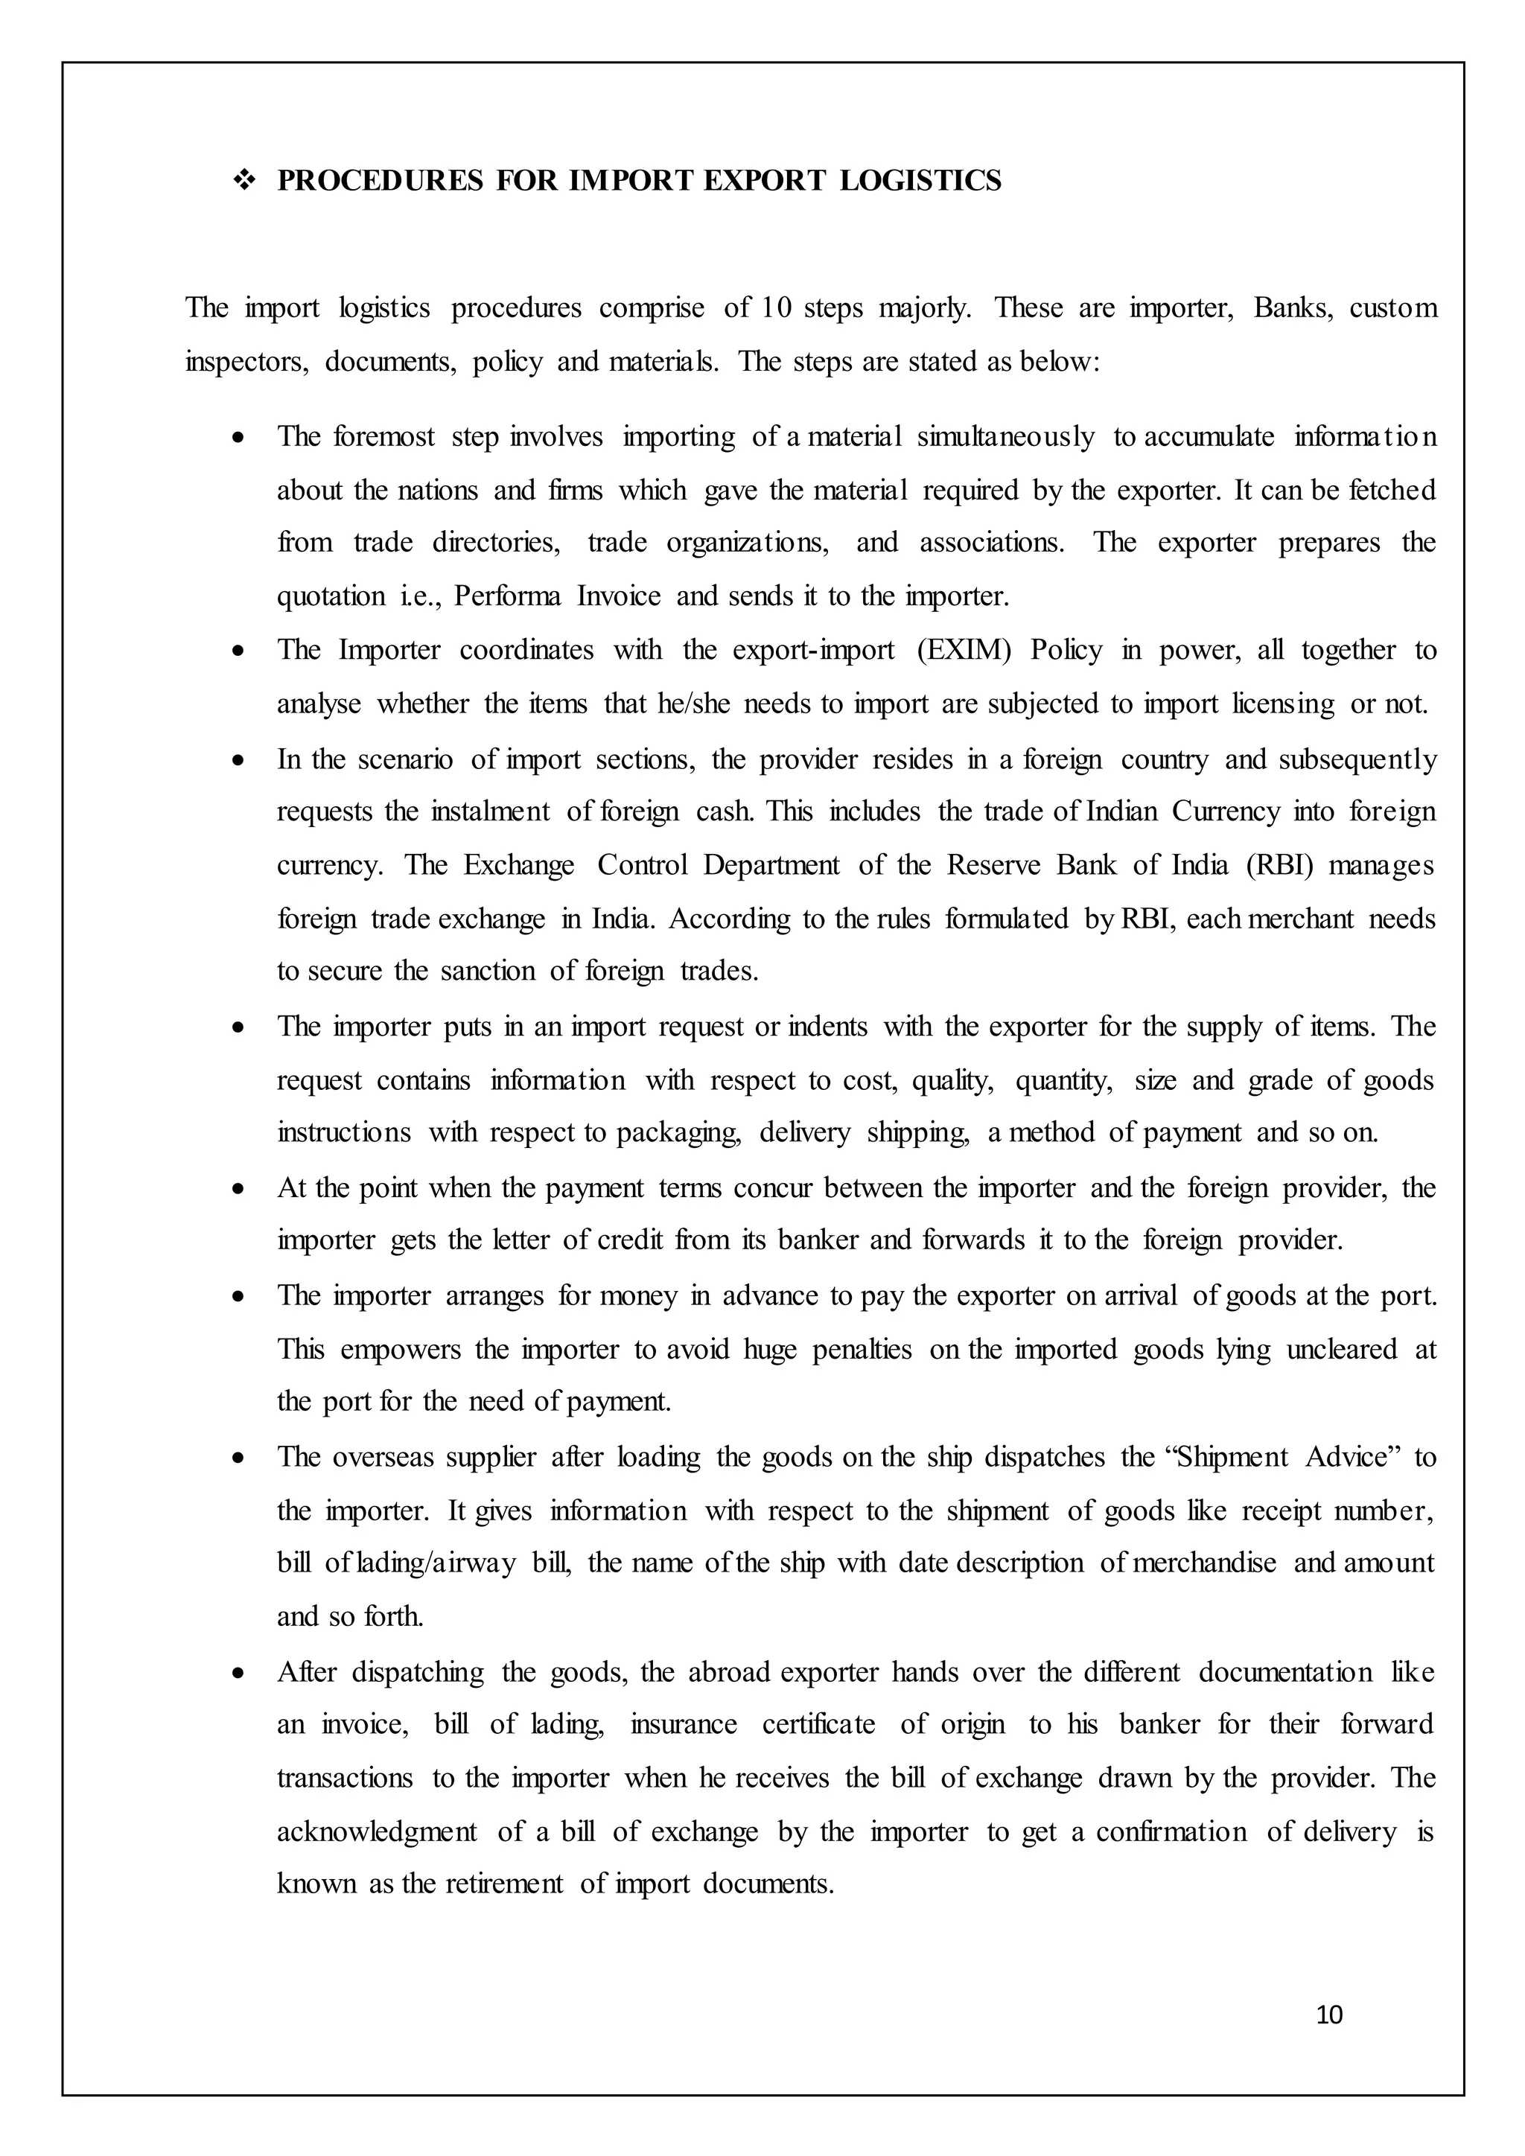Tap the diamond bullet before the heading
pos(245,180)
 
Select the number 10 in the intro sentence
pos(777,308)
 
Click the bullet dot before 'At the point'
pos(241,1190)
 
